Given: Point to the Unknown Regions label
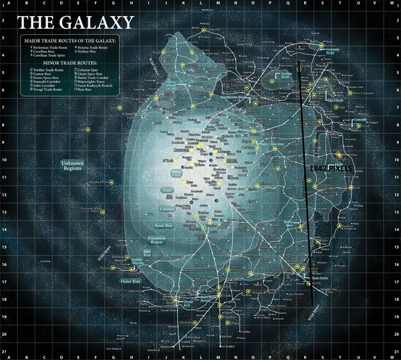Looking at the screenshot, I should [73, 166].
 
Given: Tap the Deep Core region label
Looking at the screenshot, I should [176, 174].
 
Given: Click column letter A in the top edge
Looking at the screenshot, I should [9, 3].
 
